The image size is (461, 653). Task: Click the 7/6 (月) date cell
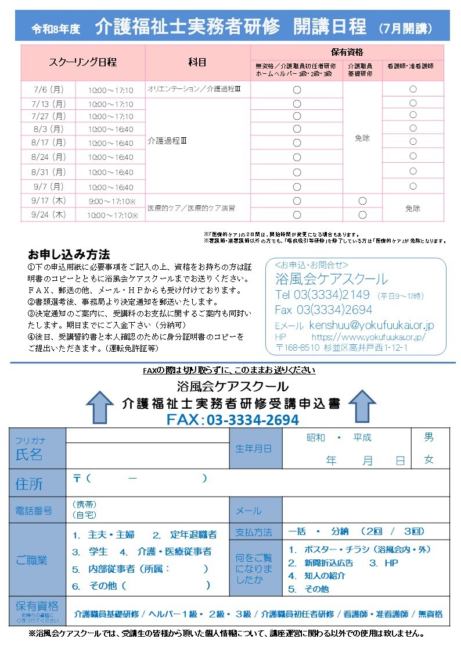(x=49, y=90)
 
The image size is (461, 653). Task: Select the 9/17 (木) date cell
(x=49, y=201)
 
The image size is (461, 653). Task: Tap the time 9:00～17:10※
(x=112, y=201)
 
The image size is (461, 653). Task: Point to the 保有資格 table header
(x=347, y=52)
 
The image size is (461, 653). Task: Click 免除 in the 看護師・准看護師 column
(x=413, y=208)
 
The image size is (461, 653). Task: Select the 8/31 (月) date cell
(x=49, y=172)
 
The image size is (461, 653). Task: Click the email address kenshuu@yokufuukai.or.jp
(x=372, y=325)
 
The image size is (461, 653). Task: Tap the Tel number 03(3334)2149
(x=322, y=295)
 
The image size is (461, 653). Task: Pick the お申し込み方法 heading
(x=69, y=255)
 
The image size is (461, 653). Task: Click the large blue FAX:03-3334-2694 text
(x=232, y=420)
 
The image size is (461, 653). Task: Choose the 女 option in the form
(x=428, y=459)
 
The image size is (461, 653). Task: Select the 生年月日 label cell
(x=253, y=448)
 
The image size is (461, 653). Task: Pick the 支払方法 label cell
(x=254, y=532)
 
